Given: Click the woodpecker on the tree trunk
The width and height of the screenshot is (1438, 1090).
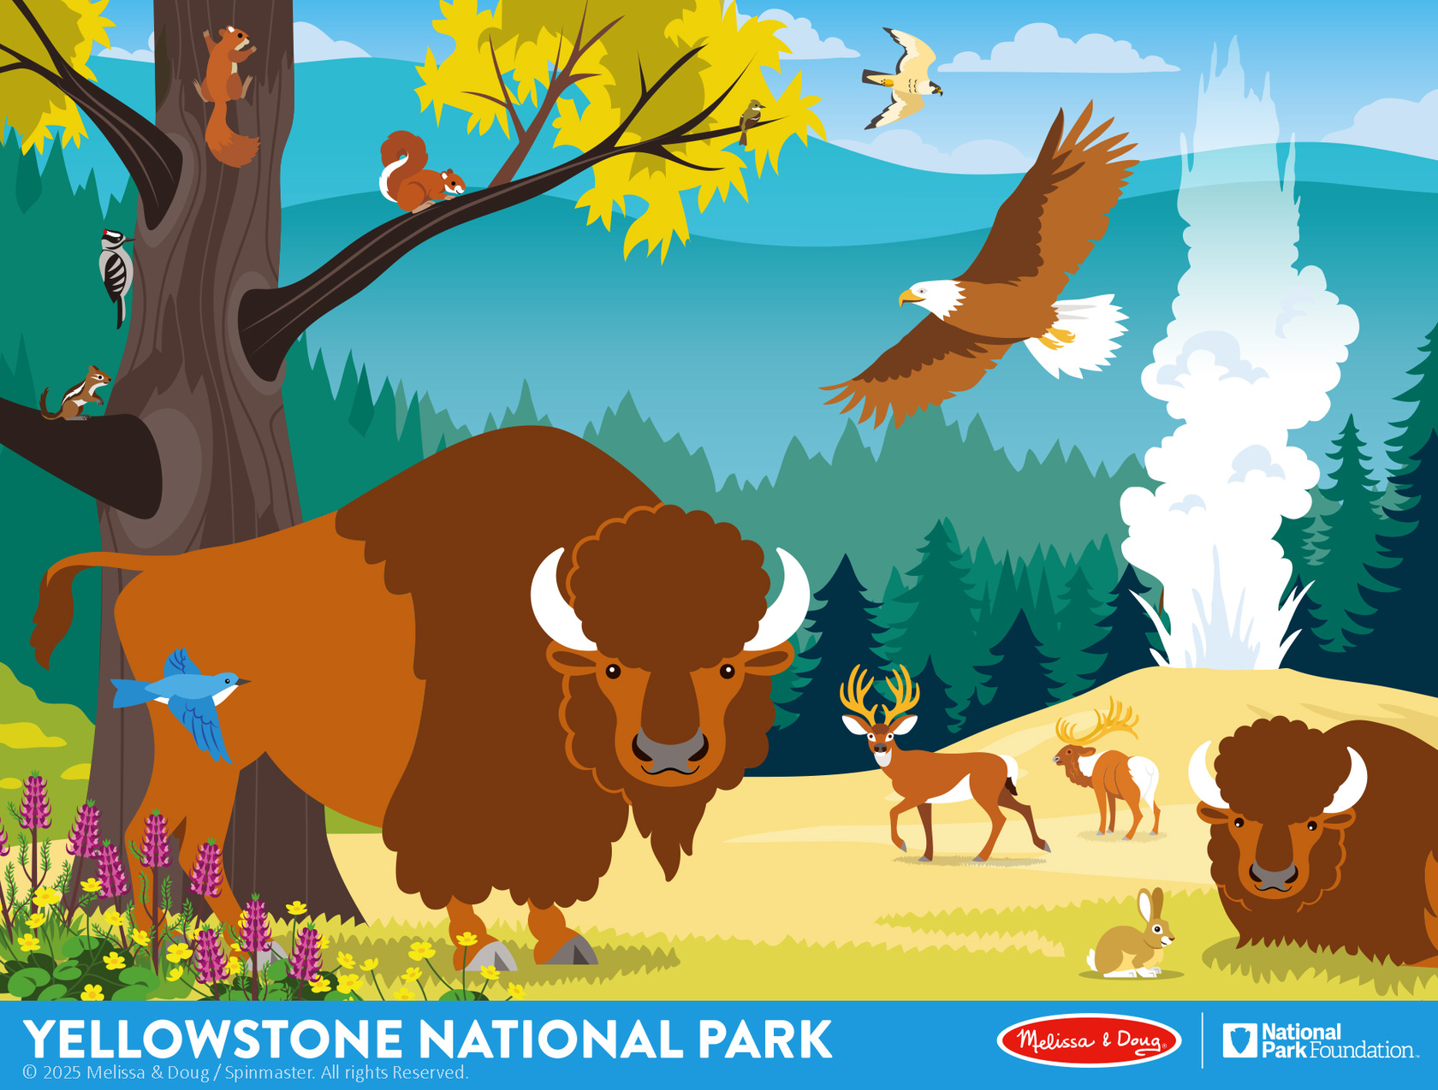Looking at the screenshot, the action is pos(116,275).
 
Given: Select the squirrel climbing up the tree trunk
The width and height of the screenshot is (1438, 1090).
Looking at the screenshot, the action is pos(227,95).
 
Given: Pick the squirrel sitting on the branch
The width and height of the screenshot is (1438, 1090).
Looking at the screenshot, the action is pos(420,173).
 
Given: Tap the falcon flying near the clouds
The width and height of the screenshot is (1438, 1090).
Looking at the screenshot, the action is pos(903,77).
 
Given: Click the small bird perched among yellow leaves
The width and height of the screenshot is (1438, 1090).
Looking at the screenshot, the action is pos(750,121).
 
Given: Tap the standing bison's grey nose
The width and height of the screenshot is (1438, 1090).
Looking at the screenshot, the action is pos(669,749).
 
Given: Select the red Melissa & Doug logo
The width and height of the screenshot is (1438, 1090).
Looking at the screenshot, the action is pos(1089,1040).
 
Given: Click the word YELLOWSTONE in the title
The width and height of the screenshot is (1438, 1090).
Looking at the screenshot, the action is pos(212,1039).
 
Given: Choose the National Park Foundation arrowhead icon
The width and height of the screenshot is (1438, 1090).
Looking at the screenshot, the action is pos(1240,1040).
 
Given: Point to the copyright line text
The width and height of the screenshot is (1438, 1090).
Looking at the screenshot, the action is pos(246,1073).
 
